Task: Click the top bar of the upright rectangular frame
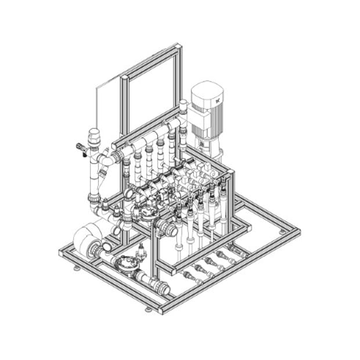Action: pos(150,60)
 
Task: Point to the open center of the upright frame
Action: pos(152,96)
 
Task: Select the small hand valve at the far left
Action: pos(80,148)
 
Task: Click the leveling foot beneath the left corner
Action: pos(77,269)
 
